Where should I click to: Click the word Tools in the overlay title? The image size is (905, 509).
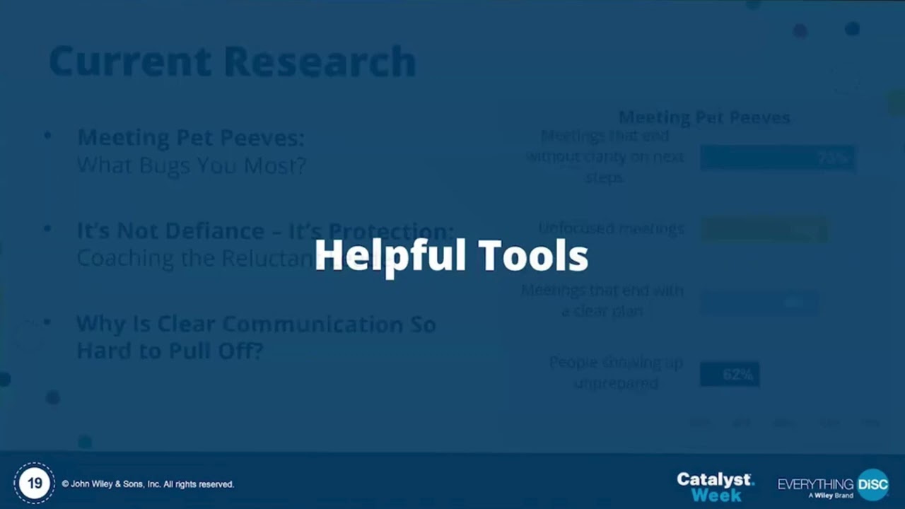(x=533, y=255)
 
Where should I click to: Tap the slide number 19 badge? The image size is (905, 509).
(x=34, y=484)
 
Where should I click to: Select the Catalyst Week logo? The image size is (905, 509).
(x=715, y=486)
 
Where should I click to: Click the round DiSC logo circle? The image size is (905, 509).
(x=872, y=484)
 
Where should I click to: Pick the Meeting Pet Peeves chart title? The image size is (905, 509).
(x=704, y=117)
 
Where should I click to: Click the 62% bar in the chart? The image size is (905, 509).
(x=729, y=374)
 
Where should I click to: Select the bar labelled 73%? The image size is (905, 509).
(x=777, y=158)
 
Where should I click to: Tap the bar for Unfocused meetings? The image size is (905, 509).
(x=764, y=230)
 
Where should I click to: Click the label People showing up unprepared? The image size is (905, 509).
(x=616, y=373)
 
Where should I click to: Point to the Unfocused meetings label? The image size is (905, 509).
(x=611, y=228)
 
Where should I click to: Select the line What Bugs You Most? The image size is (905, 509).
(x=191, y=165)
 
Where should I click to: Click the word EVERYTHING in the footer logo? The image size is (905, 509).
(x=815, y=484)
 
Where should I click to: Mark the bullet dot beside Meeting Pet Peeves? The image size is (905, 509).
(x=47, y=134)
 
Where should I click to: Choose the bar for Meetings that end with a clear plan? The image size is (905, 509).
(x=759, y=303)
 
